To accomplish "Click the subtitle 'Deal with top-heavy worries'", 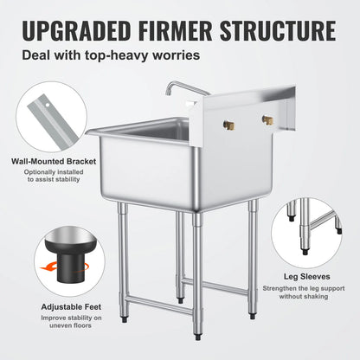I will pos(113,55).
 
